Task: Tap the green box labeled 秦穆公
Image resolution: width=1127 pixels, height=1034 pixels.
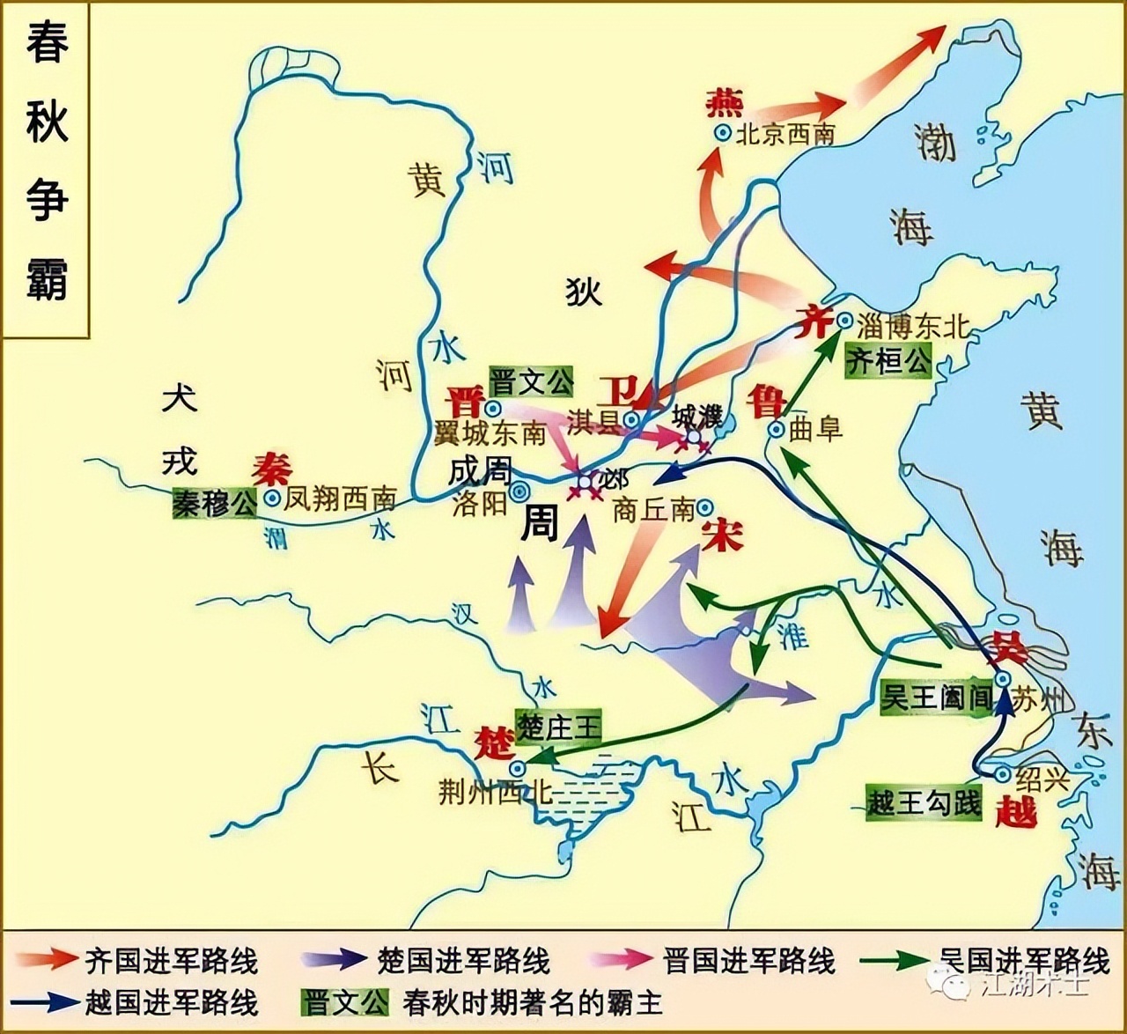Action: point(215,505)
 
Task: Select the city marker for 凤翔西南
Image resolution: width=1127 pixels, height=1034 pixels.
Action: point(273,499)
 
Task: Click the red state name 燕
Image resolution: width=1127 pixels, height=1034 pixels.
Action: point(725,102)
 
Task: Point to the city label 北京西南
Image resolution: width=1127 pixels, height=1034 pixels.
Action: point(785,134)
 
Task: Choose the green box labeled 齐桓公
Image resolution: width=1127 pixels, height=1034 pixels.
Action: point(888,360)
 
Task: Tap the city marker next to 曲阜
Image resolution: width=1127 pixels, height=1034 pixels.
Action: point(776,430)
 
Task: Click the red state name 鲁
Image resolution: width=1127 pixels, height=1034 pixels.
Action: point(766,402)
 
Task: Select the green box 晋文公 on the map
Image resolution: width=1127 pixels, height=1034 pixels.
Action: point(532,382)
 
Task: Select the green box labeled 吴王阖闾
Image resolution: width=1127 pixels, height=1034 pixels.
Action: point(937,698)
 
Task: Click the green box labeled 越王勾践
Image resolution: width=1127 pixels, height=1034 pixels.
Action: point(924,801)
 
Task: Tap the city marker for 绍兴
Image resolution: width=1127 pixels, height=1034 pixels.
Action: point(1002,774)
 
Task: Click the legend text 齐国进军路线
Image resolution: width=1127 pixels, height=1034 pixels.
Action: point(171,960)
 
